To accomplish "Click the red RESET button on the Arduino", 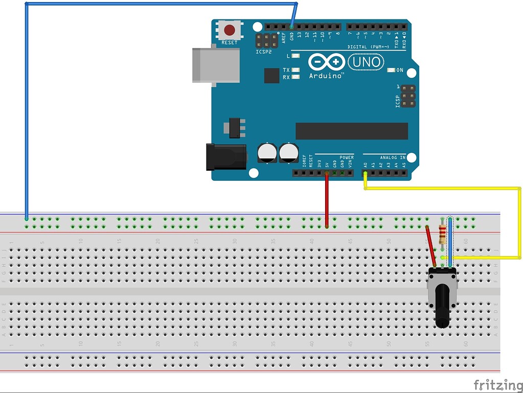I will point(230,30).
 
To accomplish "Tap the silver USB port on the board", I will point(215,65).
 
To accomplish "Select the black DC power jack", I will point(225,157).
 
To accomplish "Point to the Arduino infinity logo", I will point(326,62).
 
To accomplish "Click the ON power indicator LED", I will point(391,70).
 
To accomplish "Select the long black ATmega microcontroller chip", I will point(352,131).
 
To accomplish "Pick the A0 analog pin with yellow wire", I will point(365,173).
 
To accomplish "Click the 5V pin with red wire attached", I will point(326,173).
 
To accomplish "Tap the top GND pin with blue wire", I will point(291,26).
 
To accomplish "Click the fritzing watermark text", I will point(497,384).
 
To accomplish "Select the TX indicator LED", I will point(294,70).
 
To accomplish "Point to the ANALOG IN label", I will point(392,157).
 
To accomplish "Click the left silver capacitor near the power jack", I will point(268,153).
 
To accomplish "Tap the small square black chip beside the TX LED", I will point(272,76).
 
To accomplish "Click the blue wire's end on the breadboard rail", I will point(27,219).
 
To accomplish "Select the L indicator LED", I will point(294,56).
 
